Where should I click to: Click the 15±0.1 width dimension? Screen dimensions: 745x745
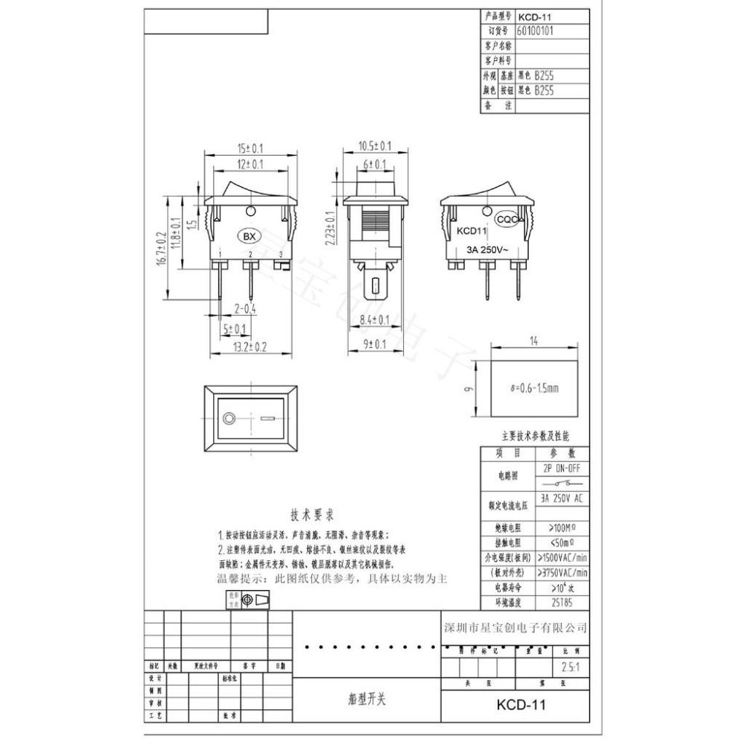click(x=251, y=148)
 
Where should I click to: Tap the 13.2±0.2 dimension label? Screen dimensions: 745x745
click(x=250, y=346)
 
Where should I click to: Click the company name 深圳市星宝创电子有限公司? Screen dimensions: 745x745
click(x=516, y=627)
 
